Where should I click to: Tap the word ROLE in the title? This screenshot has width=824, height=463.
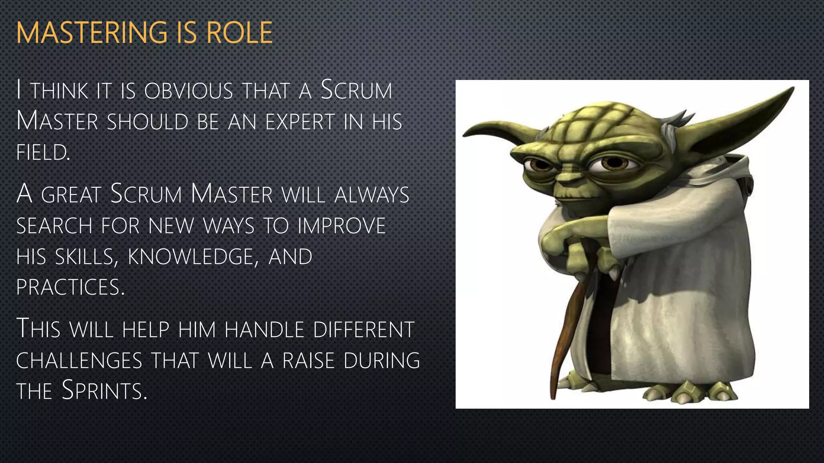(239, 33)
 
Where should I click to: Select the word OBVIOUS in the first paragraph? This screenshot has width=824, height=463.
(189, 91)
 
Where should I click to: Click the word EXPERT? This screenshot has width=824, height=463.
(300, 122)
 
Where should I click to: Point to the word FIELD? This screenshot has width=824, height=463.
(43, 153)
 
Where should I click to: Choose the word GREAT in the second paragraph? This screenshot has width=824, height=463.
(71, 195)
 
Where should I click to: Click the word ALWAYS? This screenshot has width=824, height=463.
(372, 195)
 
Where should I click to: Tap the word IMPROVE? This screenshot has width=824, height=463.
(342, 225)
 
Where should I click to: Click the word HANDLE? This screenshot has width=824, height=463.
(264, 330)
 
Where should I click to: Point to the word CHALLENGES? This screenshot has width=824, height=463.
(79, 361)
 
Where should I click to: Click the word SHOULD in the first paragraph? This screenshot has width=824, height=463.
(148, 122)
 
